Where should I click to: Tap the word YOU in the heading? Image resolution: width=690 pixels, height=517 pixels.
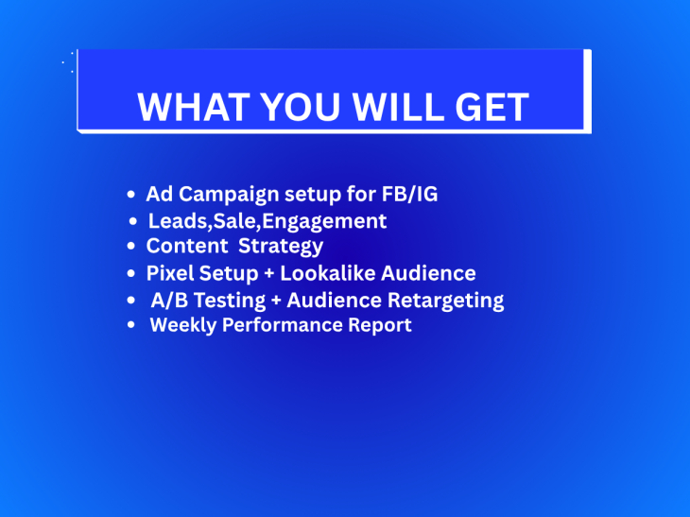click(301, 107)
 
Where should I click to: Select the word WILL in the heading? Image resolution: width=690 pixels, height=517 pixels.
click(398, 107)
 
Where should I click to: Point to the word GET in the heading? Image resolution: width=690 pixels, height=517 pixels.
click(492, 107)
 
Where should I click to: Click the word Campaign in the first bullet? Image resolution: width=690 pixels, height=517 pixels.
click(229, 195)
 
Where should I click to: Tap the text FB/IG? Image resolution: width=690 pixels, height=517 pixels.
click(409, 194)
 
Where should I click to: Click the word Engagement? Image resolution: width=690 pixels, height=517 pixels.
click(324, 221)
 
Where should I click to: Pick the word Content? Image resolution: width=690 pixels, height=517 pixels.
click(187, 246)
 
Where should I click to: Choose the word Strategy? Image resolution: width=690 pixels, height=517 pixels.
click(281, 247)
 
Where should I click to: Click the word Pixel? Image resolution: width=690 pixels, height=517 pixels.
click(170, 273)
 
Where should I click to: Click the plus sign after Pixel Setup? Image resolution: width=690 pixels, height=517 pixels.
click(268, 274)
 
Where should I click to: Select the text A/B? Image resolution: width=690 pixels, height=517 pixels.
click(169, 300)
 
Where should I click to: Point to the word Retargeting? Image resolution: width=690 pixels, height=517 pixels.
click(446, 301)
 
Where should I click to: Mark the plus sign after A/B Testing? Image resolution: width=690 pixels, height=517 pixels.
click(276, 301)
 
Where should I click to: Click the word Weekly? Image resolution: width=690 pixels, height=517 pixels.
click(183, 325)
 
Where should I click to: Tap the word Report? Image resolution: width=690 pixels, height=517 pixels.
click(380, 325)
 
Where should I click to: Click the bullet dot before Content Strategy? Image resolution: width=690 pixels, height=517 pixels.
click(130, 246)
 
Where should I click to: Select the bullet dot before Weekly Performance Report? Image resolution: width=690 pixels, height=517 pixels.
click(130, 325)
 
